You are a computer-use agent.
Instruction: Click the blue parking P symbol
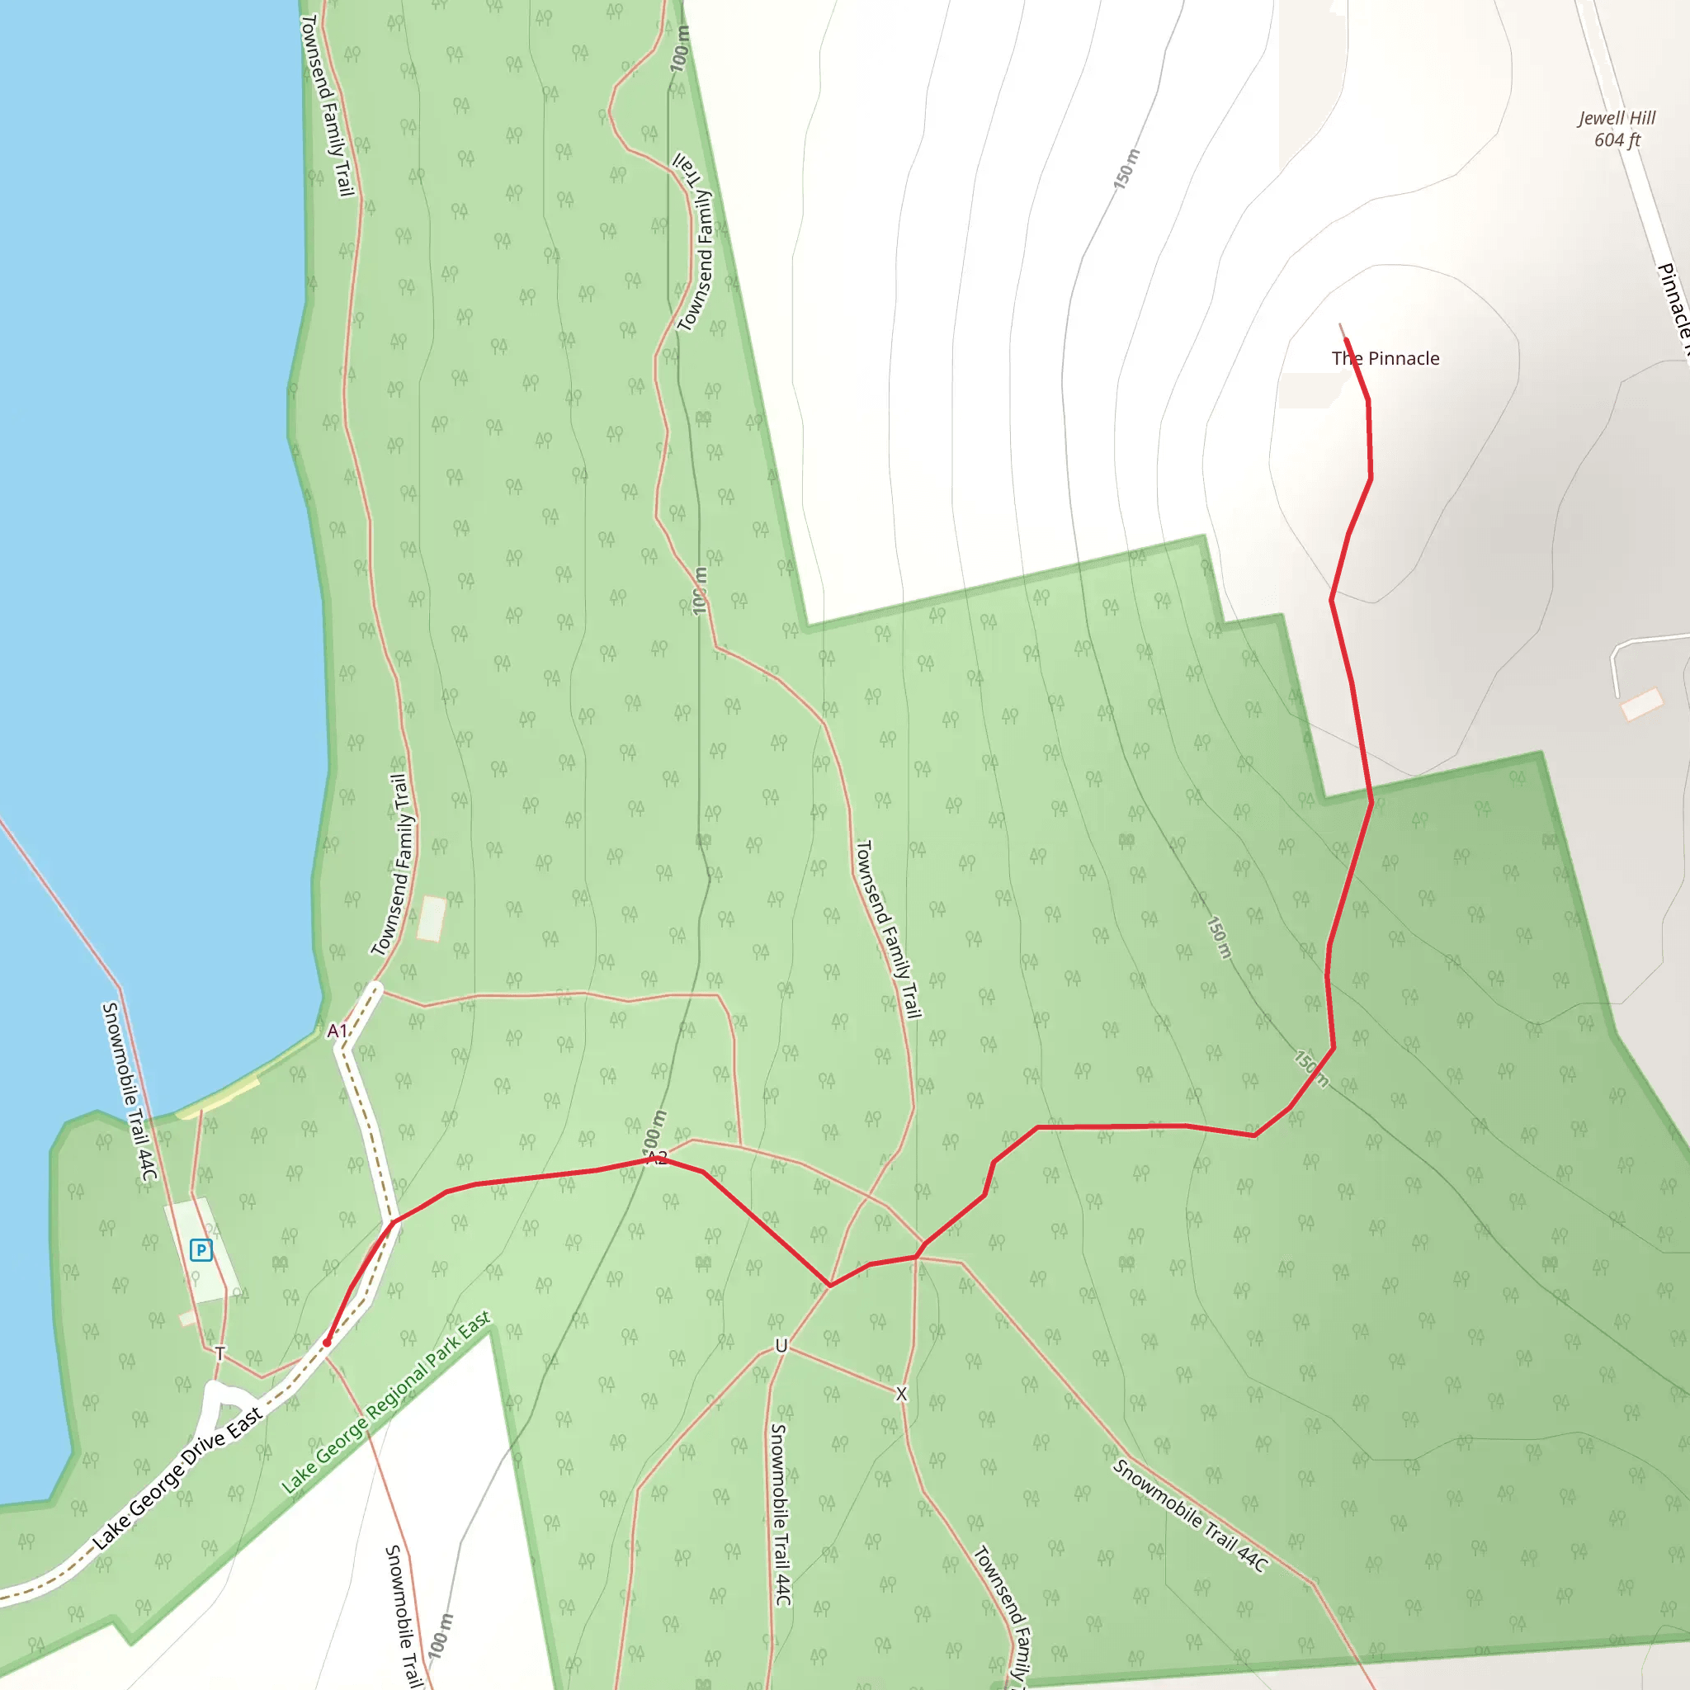(201, 1250)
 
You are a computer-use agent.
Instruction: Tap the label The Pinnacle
(1385, 359)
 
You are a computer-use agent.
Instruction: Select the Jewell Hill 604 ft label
(1617, 129)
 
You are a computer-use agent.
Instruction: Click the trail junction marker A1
(337, 1031)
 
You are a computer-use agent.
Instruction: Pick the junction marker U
(781, 1346)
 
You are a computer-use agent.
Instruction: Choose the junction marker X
(901, 1395)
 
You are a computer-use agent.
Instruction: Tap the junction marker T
(220, 1353)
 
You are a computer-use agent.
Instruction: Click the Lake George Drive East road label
(177, 1477)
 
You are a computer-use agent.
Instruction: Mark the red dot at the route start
(327, 1342)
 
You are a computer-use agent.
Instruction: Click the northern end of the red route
(1345, 339)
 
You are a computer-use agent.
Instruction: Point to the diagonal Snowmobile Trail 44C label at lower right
(1190, 1515)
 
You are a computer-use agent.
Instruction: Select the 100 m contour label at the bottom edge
(441, 1635)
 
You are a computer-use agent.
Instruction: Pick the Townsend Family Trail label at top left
(326, 105)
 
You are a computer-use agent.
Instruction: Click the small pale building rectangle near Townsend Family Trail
(432, 918)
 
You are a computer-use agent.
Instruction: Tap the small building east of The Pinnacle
(1642, 704)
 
